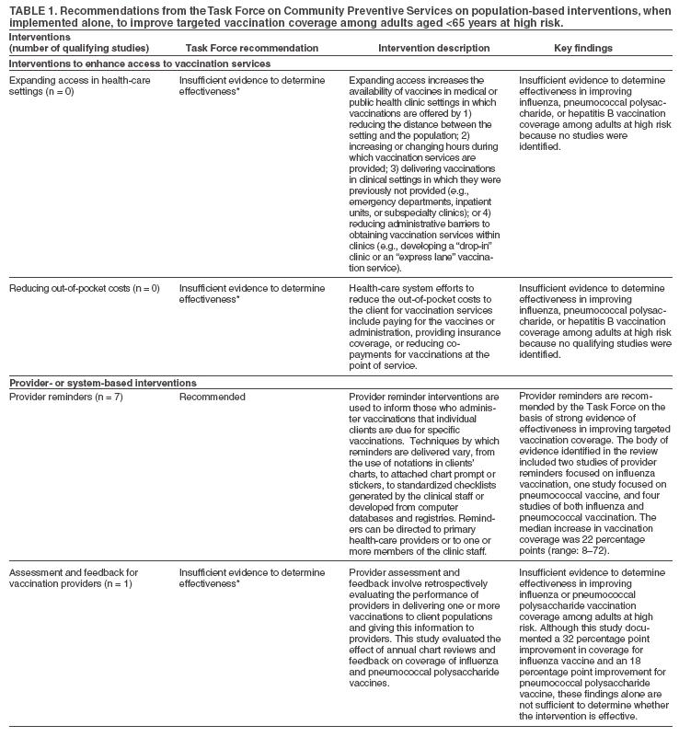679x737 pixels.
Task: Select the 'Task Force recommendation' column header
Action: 239,47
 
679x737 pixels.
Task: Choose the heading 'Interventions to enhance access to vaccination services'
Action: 141,63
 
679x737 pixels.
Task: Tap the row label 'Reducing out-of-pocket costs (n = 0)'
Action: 85,289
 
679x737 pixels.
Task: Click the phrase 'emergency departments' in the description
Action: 400,202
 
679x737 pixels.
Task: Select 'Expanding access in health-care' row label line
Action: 74,81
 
